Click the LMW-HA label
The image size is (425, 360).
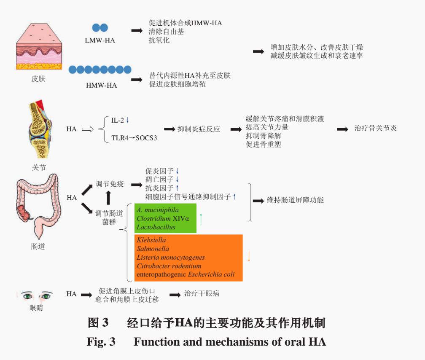tap(100, 40)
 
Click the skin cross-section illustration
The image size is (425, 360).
tap(39, 46)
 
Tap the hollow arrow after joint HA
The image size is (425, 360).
tap(87, 129)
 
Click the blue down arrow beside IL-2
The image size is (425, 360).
tap(127, 121)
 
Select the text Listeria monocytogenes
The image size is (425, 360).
tap(171, 257)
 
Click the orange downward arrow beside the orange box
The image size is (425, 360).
tap(249, 256)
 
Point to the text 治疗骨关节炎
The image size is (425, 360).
tap(375, 129)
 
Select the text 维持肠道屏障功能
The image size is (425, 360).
tap(295, 200)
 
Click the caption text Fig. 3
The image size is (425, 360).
tap(101, 341)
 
